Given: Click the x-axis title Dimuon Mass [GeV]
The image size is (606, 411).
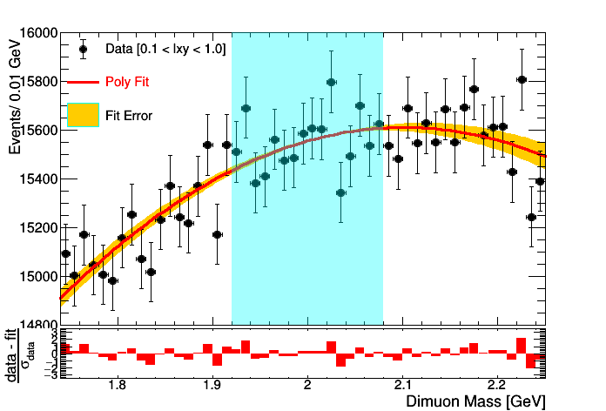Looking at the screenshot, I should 475,401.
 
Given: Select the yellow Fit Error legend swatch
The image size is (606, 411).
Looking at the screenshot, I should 83,114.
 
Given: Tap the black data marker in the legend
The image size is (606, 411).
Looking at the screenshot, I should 83,49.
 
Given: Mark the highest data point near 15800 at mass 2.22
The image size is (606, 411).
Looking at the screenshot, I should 522,79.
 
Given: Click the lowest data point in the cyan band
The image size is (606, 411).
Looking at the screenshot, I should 340,193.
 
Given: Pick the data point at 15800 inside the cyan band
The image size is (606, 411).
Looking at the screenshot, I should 331,83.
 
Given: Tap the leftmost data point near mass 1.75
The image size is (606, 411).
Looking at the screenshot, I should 65,254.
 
